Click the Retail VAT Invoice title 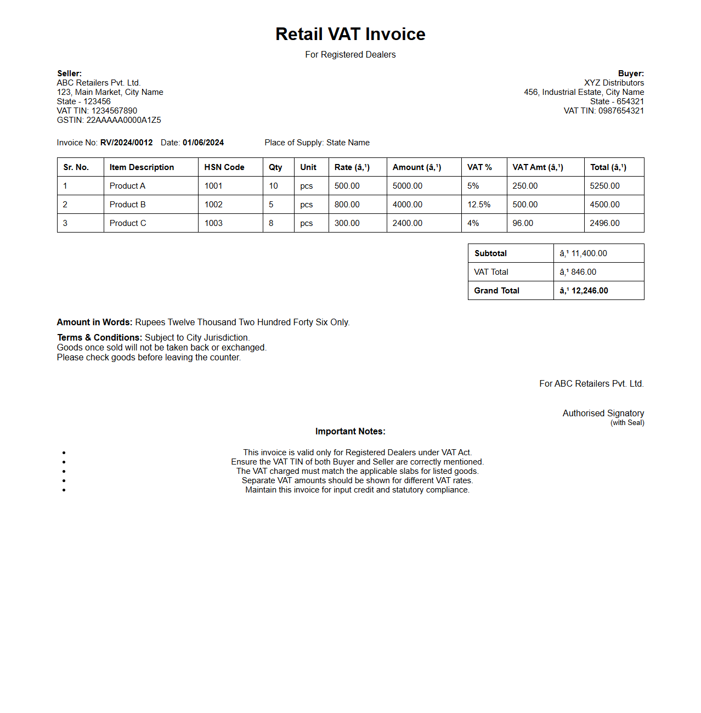(x=350, y=34)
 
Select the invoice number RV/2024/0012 (x=126, y=143)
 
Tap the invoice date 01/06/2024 (x=203, y=143)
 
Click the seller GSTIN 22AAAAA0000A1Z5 (x=123, y=120)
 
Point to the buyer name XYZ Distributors (x=614, y=83)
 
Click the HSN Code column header (x=224, y=167)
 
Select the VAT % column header (x=479, y=167)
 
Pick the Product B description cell (x=128, y=205)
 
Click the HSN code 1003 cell (x=213, y=223)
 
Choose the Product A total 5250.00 (x=604, y=186)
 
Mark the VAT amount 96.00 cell (x=523, y=223)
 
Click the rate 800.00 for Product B (x=347, y=205)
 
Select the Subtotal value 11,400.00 (x=589, y=253)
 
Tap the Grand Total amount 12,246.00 (x=589, y=291)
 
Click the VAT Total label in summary (x=491, y=272)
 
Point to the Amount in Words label (x=94, y=322)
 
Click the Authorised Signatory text (x=603, y=413)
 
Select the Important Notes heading (x=350, y=432)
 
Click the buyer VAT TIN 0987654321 (x=621, y=111)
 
